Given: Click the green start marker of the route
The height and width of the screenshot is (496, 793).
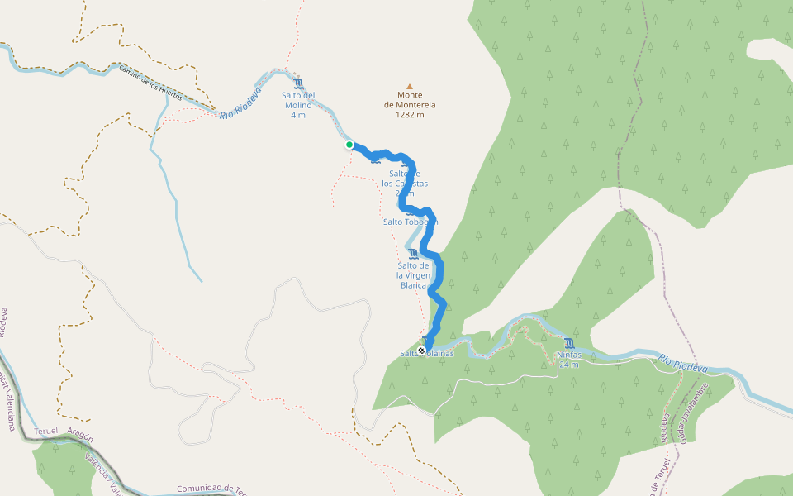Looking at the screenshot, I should click(349, 145).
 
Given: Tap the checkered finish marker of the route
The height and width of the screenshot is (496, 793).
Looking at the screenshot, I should click(422, 351).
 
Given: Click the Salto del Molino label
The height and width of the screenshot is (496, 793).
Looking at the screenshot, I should click(298, 100).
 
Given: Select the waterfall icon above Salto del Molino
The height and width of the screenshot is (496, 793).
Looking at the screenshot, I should click(298, 83).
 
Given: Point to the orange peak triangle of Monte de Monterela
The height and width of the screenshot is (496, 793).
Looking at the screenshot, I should click(409, 85).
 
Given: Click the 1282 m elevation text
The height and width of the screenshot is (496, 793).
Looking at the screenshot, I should click(410, 115).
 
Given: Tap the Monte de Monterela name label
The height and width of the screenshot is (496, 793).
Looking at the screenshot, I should click(410, 100).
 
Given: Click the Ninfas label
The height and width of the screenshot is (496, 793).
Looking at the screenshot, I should click(569, 355).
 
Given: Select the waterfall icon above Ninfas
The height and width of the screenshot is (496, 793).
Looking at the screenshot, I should click(569, 342).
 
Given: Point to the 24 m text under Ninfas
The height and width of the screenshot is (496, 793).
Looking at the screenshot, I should click(569, 365).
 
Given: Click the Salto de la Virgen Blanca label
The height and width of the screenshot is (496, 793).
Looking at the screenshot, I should click(413, 274).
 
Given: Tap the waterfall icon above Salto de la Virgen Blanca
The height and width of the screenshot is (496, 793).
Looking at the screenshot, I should click(413, 253).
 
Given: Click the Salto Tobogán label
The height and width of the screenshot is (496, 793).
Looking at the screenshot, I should click(410, 222).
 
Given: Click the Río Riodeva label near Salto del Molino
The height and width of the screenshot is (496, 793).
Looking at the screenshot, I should click(240, 100).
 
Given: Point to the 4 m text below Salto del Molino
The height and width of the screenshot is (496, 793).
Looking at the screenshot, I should click(298, 115).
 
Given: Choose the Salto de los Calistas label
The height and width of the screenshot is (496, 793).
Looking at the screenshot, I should click(411, 183).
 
